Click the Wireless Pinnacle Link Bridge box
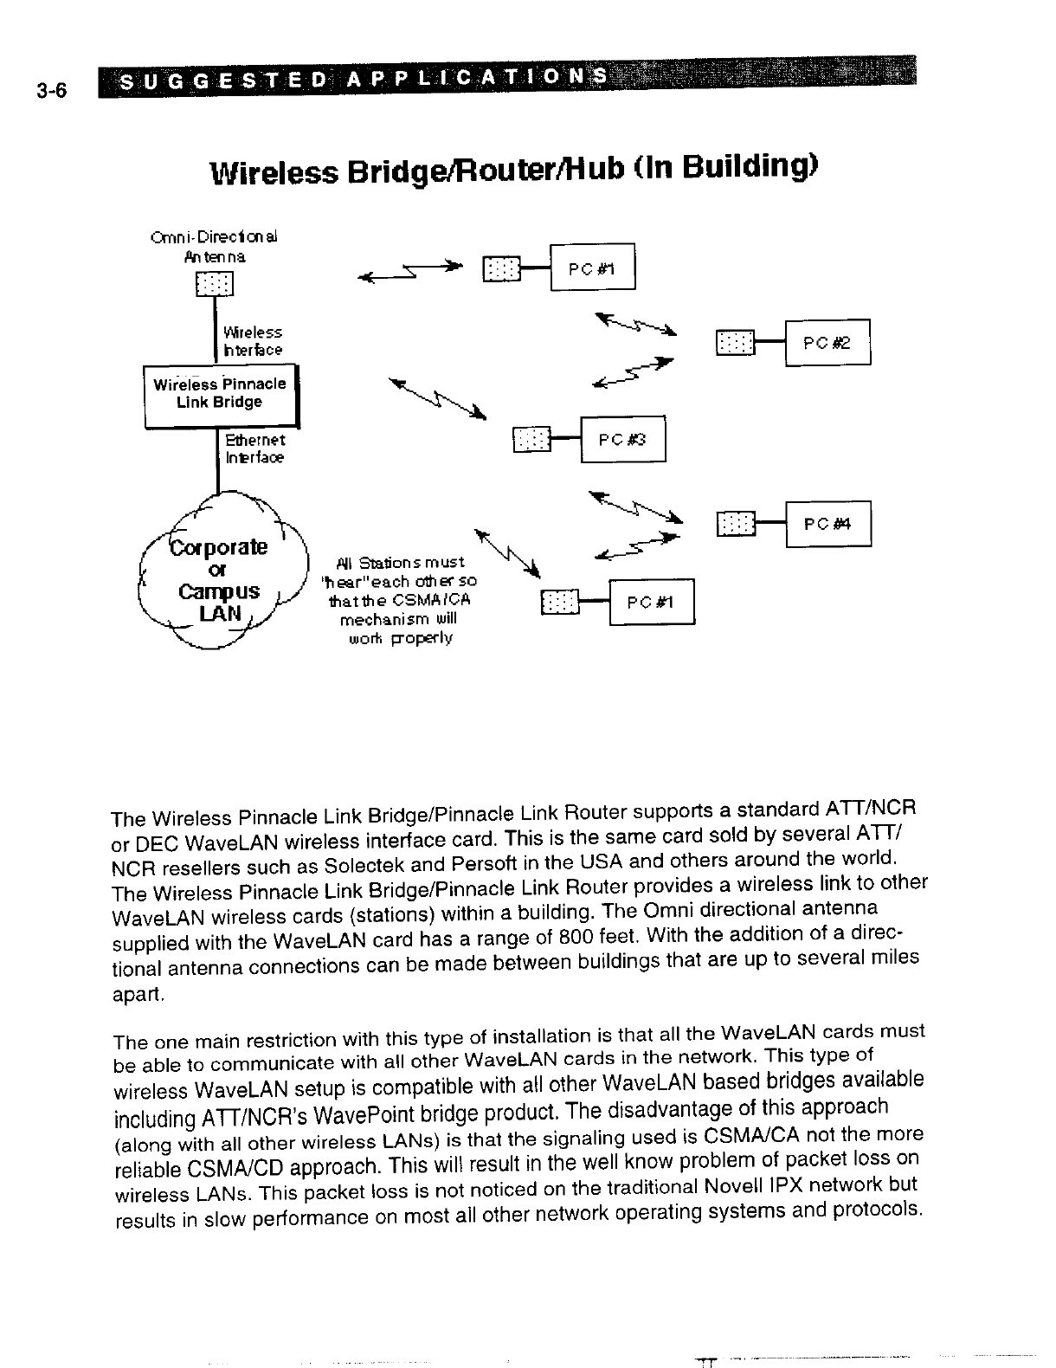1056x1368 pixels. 219,394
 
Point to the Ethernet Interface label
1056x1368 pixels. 254,449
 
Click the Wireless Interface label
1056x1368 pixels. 252,341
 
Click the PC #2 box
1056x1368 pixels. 827,343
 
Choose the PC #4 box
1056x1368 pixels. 827,524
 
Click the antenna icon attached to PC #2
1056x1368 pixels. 735,343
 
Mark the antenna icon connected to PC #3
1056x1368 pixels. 531,440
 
